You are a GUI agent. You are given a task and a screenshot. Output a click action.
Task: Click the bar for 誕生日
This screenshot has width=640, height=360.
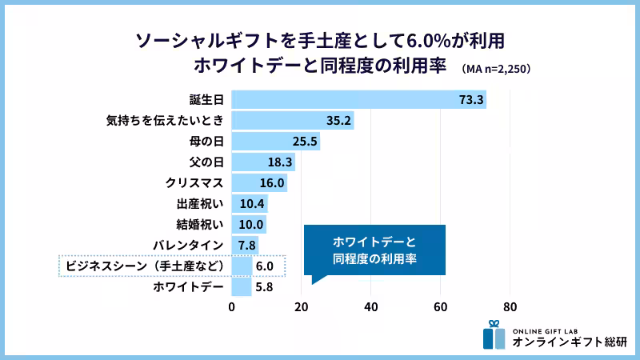pyautogui.click(x=358, y=100)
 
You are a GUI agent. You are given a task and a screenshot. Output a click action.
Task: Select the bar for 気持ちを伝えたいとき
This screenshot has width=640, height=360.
pyautogui.click(x=292, y=121)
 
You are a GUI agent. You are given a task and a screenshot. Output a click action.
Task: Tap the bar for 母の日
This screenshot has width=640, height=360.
pyautogui.click(x=275, y=142)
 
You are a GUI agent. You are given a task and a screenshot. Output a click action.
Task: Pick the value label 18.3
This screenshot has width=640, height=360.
pyautogui.click(x=280, y=162)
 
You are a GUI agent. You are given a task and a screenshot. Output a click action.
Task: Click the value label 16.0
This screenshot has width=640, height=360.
pyautogui.click(x=272, y=183)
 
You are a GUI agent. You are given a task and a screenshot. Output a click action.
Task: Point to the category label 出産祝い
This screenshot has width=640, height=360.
pyautogui.click(x=199, y=204)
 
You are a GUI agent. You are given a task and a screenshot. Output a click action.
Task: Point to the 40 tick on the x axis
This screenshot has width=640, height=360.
pyautogui.click(x=371, y=306)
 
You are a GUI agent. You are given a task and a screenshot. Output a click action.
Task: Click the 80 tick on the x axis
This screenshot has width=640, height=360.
pyautogui.click(x=510, y=306)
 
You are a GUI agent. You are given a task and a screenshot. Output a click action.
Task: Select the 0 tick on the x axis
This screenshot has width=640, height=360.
pyautogui.click(x=232, y=306)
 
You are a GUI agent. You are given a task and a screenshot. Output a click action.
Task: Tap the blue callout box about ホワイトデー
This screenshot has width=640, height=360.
pyautogui.click(x=374, y=250)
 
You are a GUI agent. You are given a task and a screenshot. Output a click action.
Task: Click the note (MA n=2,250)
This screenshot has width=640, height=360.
pyautogui.click(x=496, y=69)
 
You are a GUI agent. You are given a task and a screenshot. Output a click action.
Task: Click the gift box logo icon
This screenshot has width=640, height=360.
pyautogui.click(x=494, y=335)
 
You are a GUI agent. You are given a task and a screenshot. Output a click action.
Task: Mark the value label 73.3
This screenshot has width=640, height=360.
pyautogui.click(x=472, y=100)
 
